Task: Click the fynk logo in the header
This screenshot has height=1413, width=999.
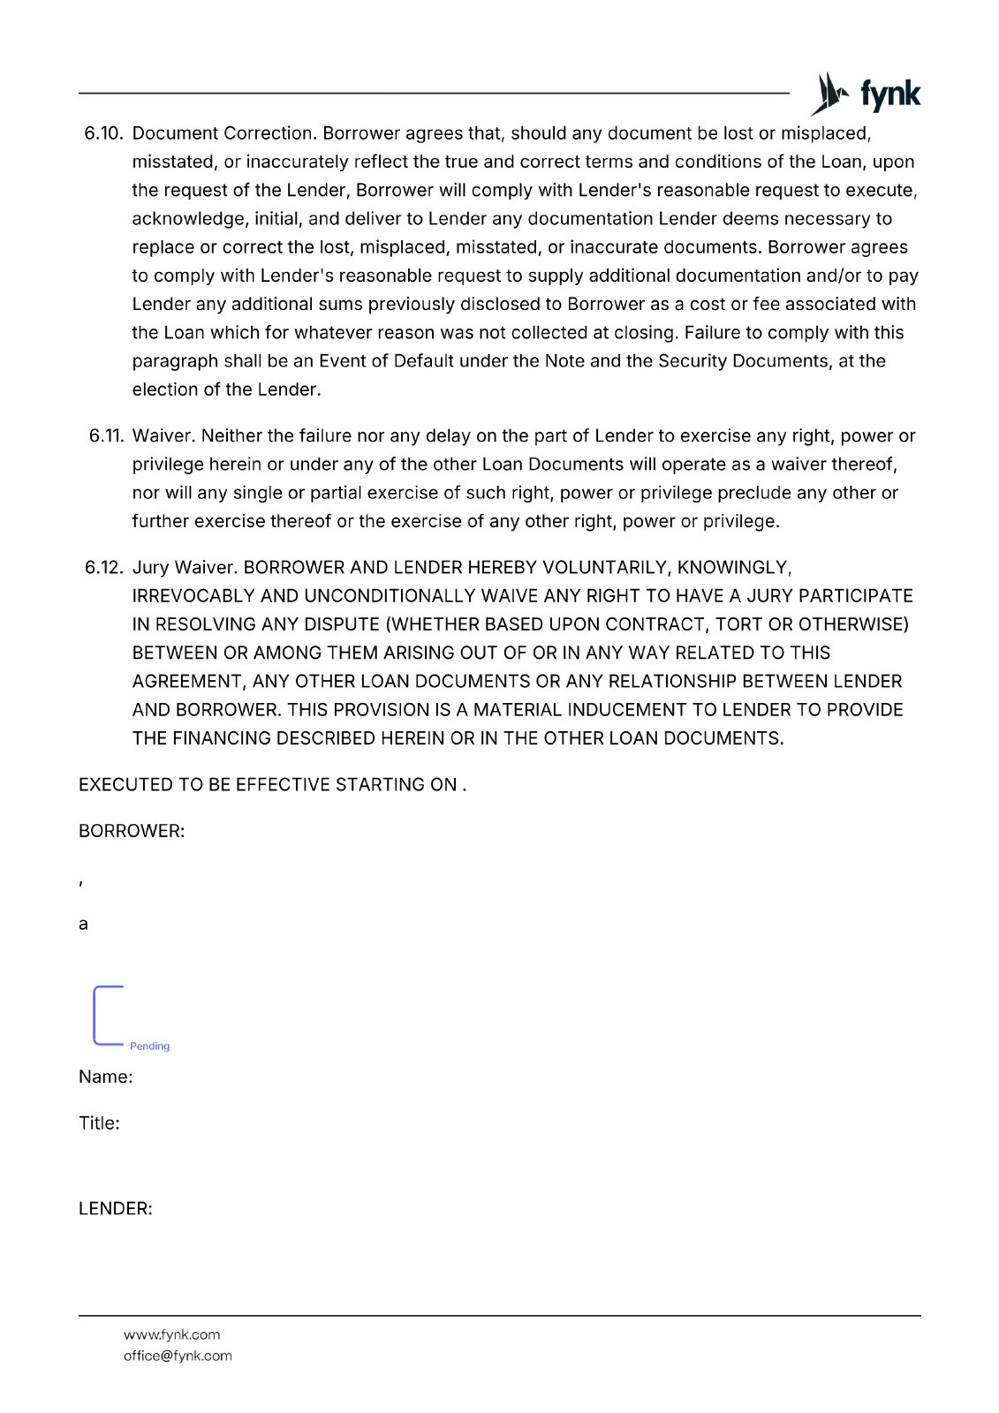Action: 866,94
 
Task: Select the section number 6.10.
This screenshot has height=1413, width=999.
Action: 102,133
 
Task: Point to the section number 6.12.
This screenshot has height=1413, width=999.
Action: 103,568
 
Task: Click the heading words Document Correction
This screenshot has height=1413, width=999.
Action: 223,133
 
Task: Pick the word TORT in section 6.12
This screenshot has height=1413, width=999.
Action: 738,624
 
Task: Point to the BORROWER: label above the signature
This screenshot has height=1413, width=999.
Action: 132,831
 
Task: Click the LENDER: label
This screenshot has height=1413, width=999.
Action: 116,1209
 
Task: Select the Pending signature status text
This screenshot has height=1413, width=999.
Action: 149,1047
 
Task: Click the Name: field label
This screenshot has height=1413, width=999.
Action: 106,1077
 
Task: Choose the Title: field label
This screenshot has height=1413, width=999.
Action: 99,1123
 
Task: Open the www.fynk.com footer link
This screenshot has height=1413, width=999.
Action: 172,1334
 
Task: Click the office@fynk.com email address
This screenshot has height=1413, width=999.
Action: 178,1356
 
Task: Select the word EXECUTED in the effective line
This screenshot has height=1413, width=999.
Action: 119,785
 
